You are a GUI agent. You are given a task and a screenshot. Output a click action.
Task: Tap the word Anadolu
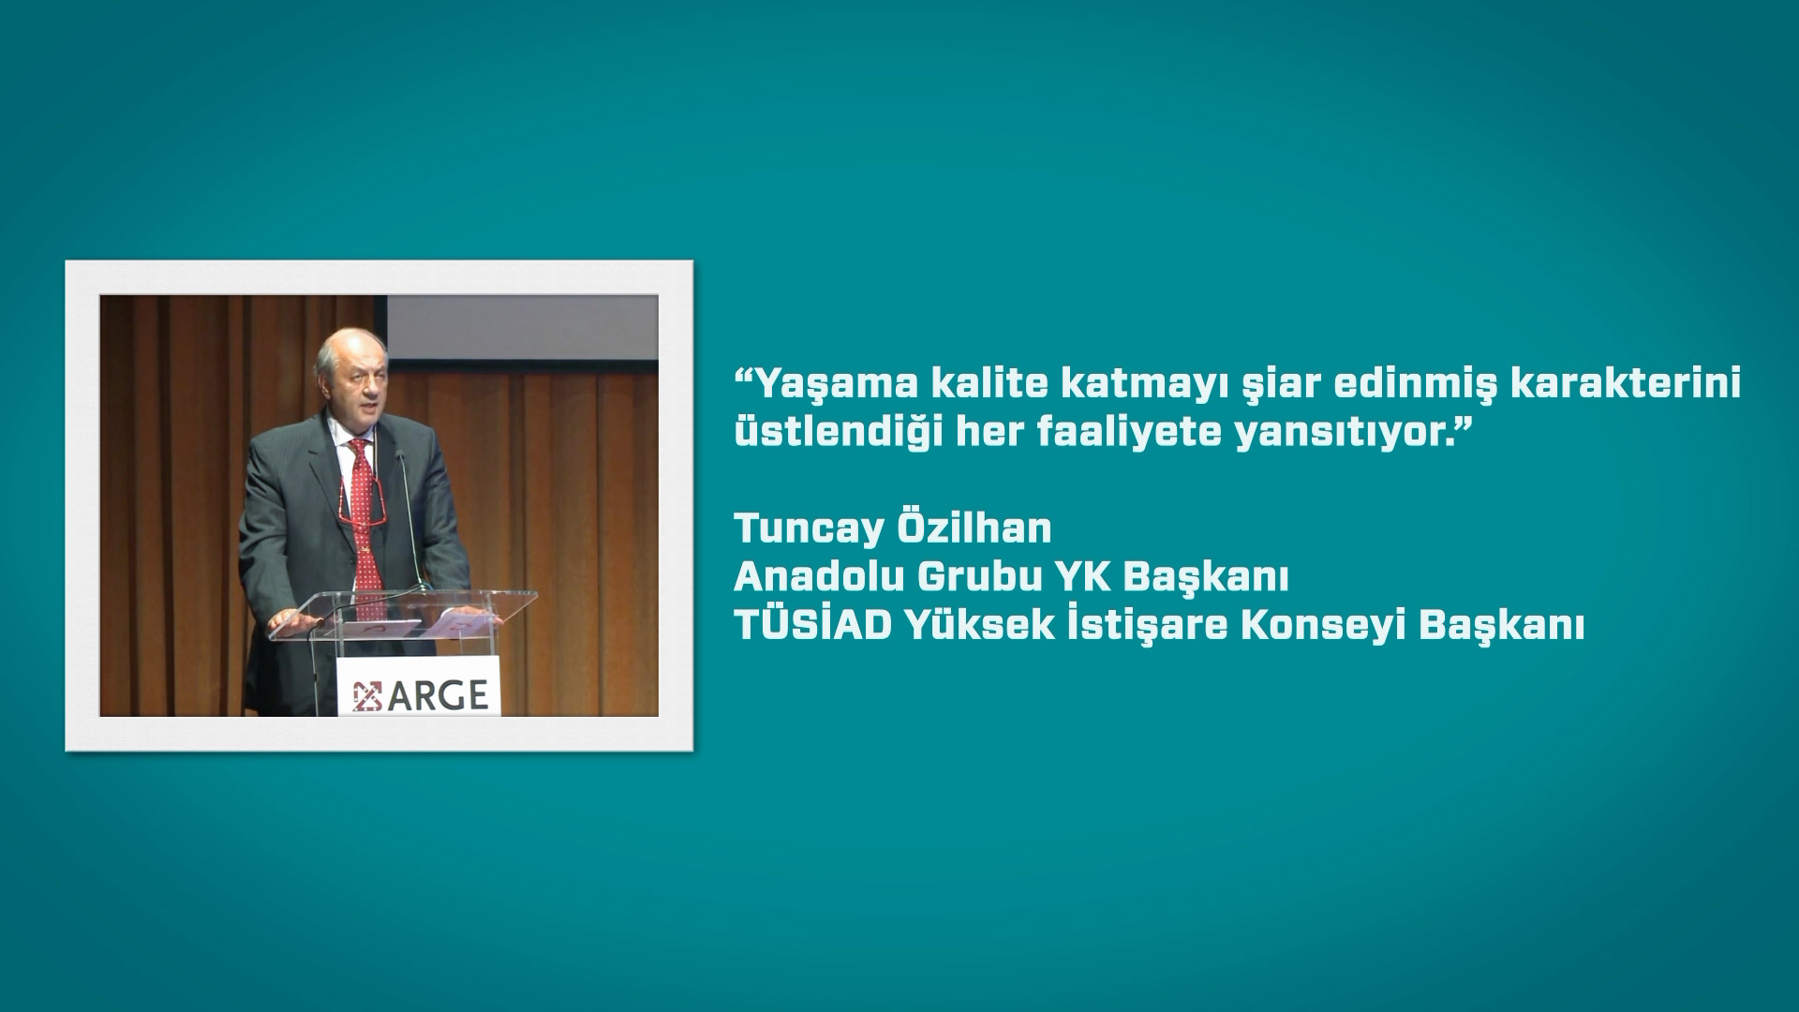click(818, 577)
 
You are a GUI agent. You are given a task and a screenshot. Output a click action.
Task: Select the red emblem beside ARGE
click(367, 694)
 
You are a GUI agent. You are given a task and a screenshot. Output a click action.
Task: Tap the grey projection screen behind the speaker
click(522, 328)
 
